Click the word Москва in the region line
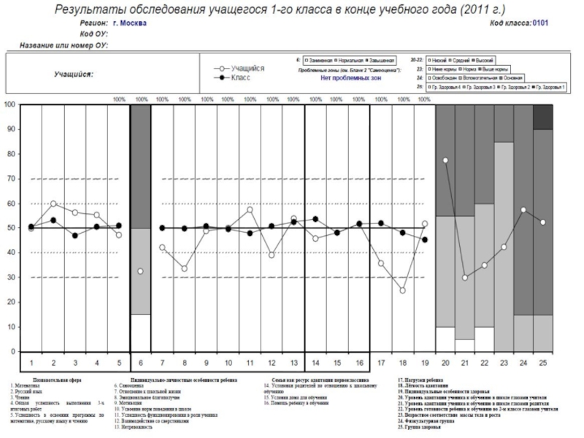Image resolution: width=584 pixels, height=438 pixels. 134,23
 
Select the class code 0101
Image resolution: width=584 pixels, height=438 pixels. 541,23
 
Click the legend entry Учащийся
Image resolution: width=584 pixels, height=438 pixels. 247,68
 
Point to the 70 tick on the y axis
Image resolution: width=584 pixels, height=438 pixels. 10,178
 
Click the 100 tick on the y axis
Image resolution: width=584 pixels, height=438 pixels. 9,104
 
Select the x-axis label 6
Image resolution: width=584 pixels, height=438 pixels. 140,362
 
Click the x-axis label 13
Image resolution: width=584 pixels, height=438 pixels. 293,362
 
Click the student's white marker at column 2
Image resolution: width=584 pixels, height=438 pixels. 53,204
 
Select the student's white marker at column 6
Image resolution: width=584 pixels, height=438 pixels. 140,272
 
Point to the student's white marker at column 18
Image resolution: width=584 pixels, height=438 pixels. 402,291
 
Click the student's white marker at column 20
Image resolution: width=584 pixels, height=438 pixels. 445,160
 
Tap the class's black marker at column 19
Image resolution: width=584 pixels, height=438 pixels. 425,239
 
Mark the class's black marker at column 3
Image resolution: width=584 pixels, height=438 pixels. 75,236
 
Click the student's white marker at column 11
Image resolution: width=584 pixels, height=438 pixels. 250,210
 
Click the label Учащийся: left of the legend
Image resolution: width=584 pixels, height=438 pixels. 73,74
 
